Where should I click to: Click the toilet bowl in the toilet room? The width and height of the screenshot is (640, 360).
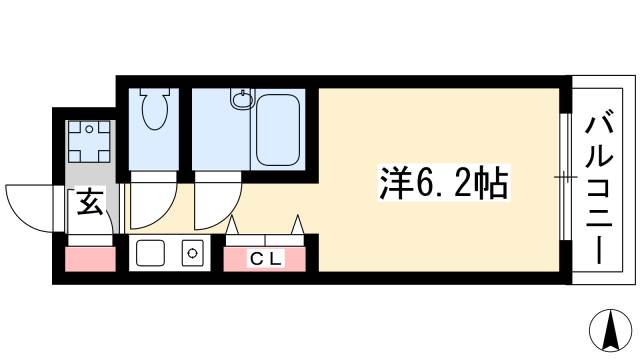(155, 111)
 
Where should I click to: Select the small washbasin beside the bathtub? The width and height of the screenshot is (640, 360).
(240, 99)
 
